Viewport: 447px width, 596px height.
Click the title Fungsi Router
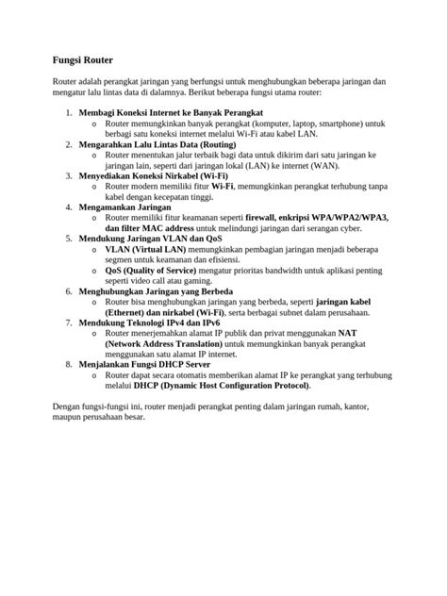(81, 59)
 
